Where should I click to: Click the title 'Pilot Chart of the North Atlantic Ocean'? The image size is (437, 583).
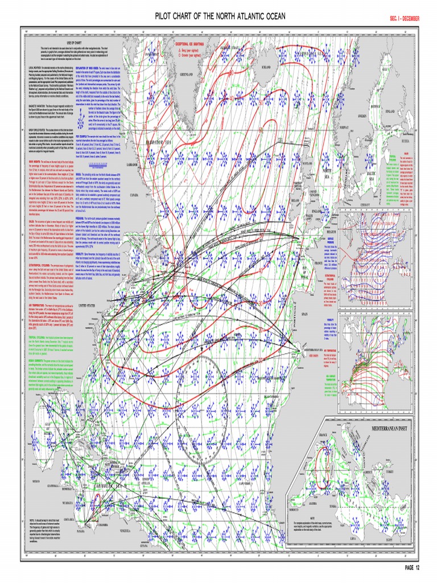click(220, 17)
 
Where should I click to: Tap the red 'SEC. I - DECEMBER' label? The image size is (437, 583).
click(404, 19)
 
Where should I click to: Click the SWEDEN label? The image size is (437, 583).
click(361, 116)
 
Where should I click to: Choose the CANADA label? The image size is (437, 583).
click(135, 195)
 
